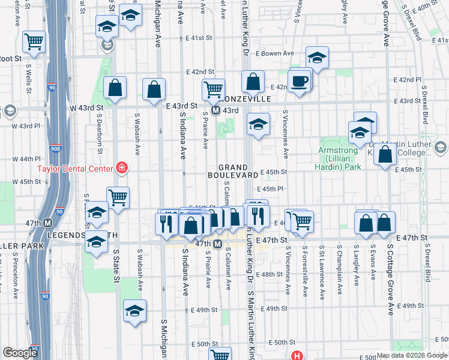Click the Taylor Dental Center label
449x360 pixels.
(76, 168)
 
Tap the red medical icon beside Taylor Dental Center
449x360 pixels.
(122, 167)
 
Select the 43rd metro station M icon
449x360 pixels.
(214, 111)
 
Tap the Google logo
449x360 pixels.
(20, 353)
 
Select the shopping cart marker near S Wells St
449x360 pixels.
(34, 41)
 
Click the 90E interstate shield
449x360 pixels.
(55, 148)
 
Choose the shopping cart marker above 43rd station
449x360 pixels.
(213, 89)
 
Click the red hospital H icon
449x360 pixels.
(296, 355)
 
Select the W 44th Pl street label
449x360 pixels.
(25, 159)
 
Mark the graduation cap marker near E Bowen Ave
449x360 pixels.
(317, 58)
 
